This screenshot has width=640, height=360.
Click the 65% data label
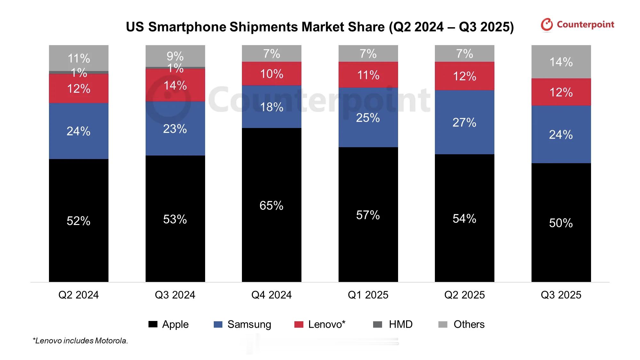(271, 205)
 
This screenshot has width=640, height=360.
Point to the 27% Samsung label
(464, 123)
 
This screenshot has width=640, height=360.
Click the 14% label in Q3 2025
(561, 62)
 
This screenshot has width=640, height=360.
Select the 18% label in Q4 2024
(271, 107)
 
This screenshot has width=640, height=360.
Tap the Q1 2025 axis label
(368, 295)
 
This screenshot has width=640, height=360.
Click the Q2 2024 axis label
(78, 295)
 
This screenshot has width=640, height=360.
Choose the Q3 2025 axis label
(561, 295)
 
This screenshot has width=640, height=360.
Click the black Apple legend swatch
(153, 324)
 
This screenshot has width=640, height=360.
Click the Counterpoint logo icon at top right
(547, 25)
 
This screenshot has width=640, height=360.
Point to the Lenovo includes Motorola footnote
(80, 341)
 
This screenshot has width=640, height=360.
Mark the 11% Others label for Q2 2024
(79, 58)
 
